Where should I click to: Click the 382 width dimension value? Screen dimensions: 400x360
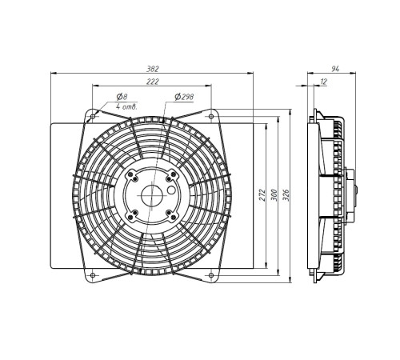click(153, 69)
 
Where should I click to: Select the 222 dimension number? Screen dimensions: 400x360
click(153, 82)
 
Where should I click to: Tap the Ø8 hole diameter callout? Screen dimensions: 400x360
click(122, 97)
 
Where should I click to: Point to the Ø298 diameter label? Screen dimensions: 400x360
click(184, 97)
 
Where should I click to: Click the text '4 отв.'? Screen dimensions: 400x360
click(126, 107)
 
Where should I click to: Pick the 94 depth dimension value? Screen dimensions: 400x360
click(335, 69)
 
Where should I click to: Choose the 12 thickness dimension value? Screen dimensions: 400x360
click(323, 82)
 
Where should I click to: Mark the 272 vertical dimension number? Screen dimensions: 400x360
click(262, 195)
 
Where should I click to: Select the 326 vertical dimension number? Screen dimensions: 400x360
click(286, 195)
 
